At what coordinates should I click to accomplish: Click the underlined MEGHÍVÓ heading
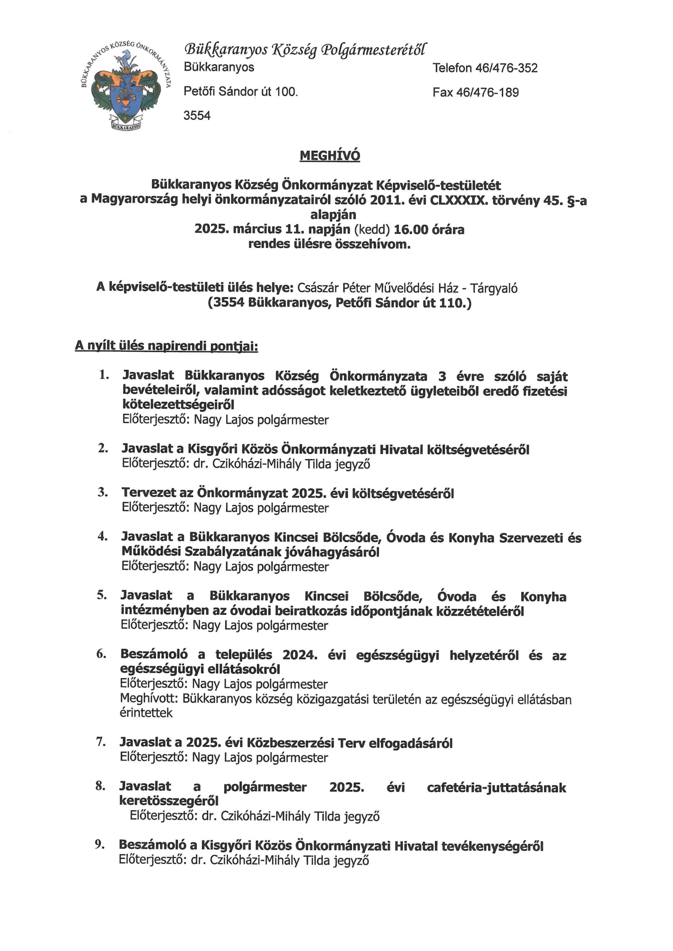pos(330,156)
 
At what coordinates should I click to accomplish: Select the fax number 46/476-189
pos(487,92)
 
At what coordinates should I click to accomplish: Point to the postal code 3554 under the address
pos(197,116)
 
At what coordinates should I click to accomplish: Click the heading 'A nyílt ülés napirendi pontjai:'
pos(166,346)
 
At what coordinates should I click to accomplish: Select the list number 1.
pos(104,375)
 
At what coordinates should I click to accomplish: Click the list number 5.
pos(102,595)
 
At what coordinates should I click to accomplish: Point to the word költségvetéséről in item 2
pos(478,449)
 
